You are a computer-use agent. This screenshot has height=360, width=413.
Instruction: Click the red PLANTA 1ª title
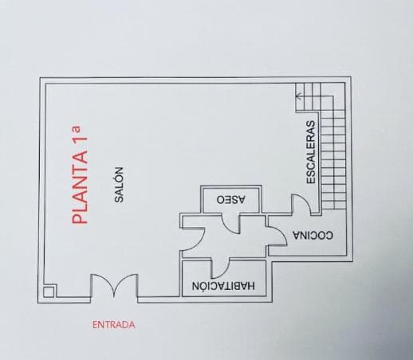80,175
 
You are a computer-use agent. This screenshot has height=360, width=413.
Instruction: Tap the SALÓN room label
119,185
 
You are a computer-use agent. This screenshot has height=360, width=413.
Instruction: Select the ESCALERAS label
311,152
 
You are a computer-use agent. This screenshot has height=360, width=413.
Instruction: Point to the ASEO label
231,200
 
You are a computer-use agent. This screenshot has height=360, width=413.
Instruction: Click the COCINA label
313,235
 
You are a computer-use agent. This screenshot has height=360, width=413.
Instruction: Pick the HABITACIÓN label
223,286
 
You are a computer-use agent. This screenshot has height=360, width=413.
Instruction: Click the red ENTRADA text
114,325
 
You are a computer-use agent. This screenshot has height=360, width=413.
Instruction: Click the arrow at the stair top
299,96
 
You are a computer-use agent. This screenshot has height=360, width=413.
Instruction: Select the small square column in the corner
49,292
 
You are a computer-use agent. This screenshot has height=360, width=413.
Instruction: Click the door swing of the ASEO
230,228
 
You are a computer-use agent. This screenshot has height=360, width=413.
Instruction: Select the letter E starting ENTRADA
95,325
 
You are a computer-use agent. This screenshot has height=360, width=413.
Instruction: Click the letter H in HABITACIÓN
251,286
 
